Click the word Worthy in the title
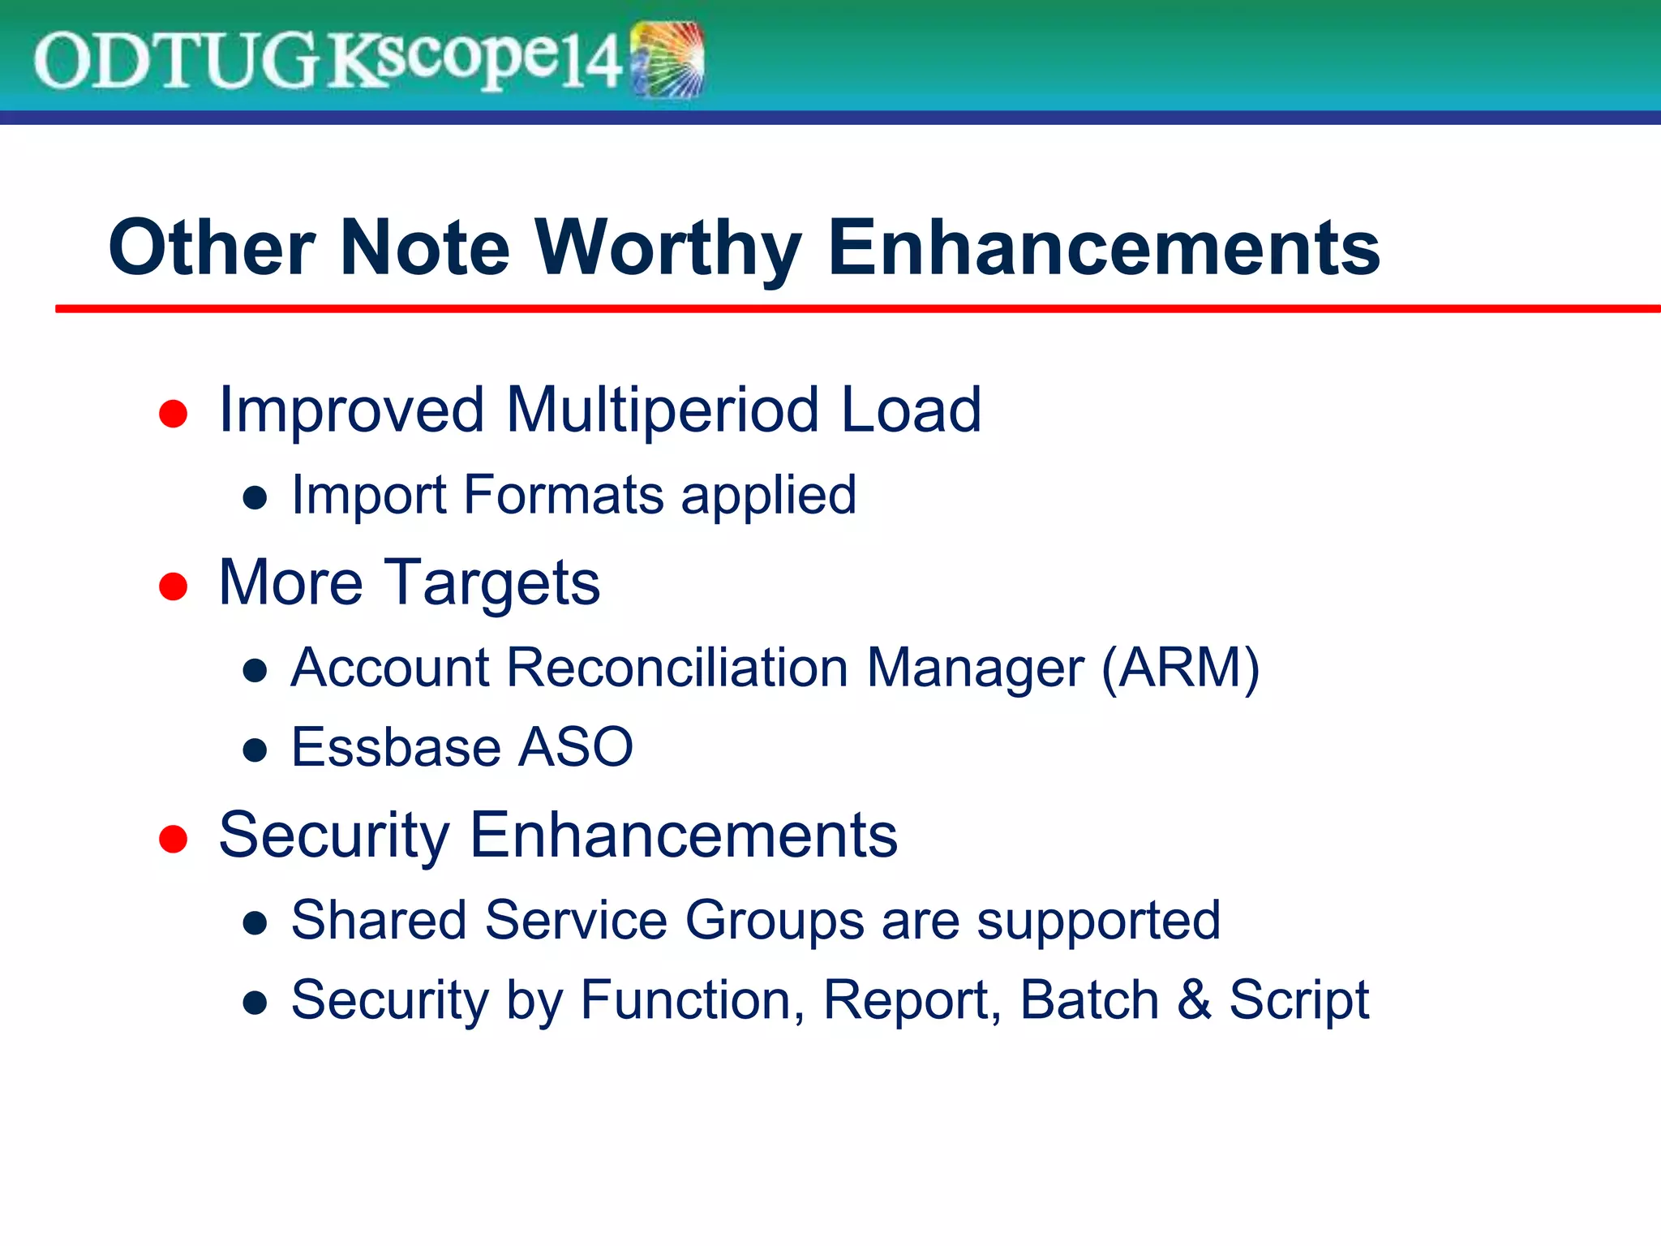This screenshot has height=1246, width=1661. tap(667, 248)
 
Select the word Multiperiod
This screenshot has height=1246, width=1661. tap(663, 410)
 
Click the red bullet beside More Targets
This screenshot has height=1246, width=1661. tap(174, 586)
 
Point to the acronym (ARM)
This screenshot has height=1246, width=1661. tap(1180, 668)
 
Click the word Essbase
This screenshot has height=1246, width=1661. tap(395, 747)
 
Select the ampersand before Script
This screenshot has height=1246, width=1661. tap(1194, 999)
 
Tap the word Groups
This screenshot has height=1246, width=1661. tap(775, 921)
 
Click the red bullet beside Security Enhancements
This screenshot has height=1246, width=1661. tap(174, 839)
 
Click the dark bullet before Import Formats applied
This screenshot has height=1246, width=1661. tap(255, 497)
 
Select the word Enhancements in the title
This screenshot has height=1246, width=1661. tap(1103, 248)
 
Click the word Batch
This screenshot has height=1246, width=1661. tap(1089, 999)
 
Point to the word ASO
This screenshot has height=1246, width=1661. tap(575, 747)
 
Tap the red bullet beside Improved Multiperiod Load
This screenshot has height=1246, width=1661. tap(174, 414)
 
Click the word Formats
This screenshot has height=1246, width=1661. tap(564, 495)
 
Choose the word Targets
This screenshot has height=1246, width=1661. tap(491, 584)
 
